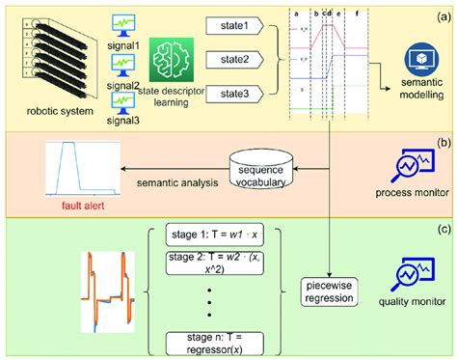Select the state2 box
click(x=235, y=60)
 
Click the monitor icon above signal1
click(x=123, y=22)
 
